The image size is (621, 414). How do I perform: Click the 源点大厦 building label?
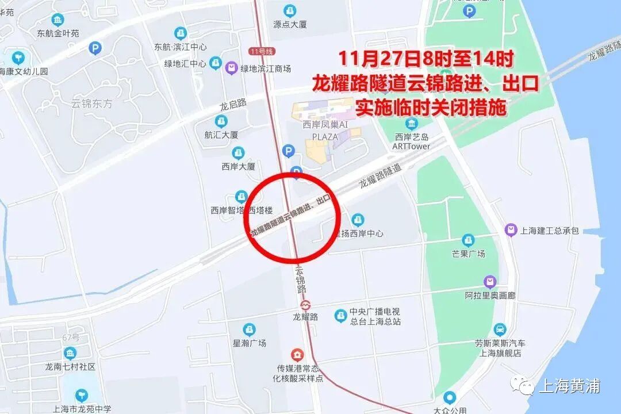tap(290, 25)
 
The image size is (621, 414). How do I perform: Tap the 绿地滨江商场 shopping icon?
tap(232, 68)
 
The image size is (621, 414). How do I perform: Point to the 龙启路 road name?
tap(233, 105)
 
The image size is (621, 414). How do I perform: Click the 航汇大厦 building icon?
tap(221, 121)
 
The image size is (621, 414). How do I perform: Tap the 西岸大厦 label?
tap(238, 167)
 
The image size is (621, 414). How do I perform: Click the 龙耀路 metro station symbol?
tap(305, 304)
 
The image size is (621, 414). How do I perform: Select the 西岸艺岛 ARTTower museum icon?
tap(411, 123)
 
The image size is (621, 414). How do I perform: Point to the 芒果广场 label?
tap(469, 254)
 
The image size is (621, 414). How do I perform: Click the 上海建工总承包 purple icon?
tap(510, 231)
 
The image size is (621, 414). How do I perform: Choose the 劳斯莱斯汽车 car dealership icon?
tap(500, 330)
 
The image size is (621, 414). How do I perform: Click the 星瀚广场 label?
tap(249, 343)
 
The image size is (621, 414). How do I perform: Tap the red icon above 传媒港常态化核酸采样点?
tap(297, 354)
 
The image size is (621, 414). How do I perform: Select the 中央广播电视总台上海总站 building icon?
tap(341, 316)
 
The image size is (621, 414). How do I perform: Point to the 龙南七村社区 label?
tap(70, 366)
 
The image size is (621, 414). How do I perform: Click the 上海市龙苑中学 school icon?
tap(82, 396)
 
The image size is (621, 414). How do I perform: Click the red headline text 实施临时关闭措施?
tap(430, 108)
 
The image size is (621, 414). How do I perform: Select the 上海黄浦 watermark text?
tap(569, 386)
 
